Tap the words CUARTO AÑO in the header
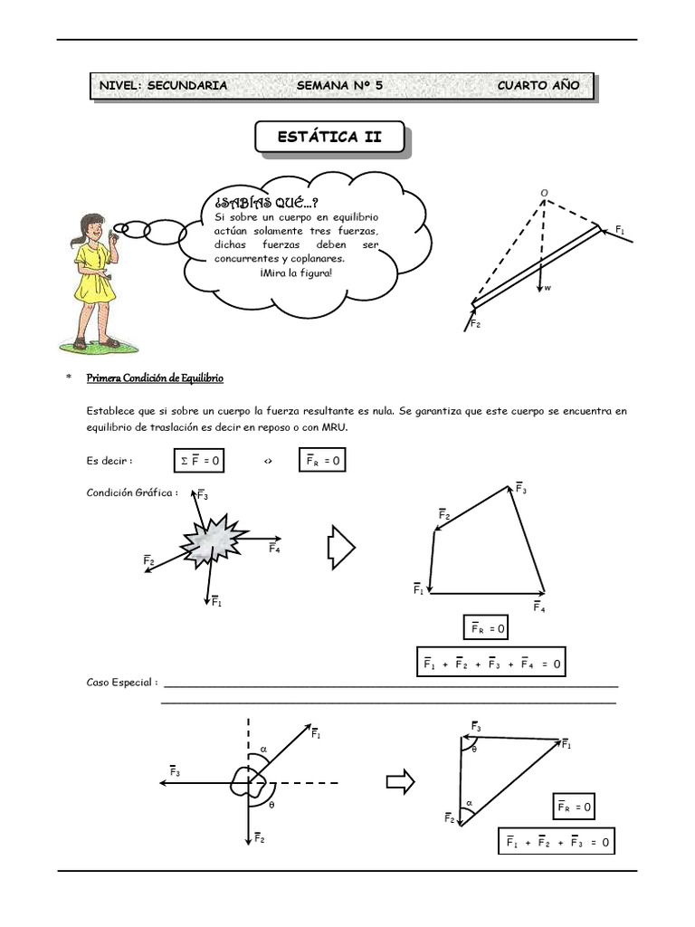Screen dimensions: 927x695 [x=538, y=86]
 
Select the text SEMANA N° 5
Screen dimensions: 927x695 [x=339, y=86]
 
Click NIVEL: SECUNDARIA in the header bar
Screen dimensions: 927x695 [x=163, y=86]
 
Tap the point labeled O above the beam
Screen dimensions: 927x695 [x=545, y=193]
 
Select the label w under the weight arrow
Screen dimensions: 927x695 [x=547, y=289]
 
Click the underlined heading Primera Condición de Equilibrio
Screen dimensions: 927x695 [x=155, y=377]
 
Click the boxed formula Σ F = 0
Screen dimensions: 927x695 [x=199, y=462]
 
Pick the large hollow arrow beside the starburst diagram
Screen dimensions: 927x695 [x=341, y=549]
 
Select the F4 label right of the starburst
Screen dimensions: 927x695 [x=274, y=549]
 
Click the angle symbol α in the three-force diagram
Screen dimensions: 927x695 [x=263, y=749]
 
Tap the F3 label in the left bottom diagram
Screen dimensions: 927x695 [x=175, y=772]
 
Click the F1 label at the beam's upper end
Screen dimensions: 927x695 [x=620, y=231]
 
